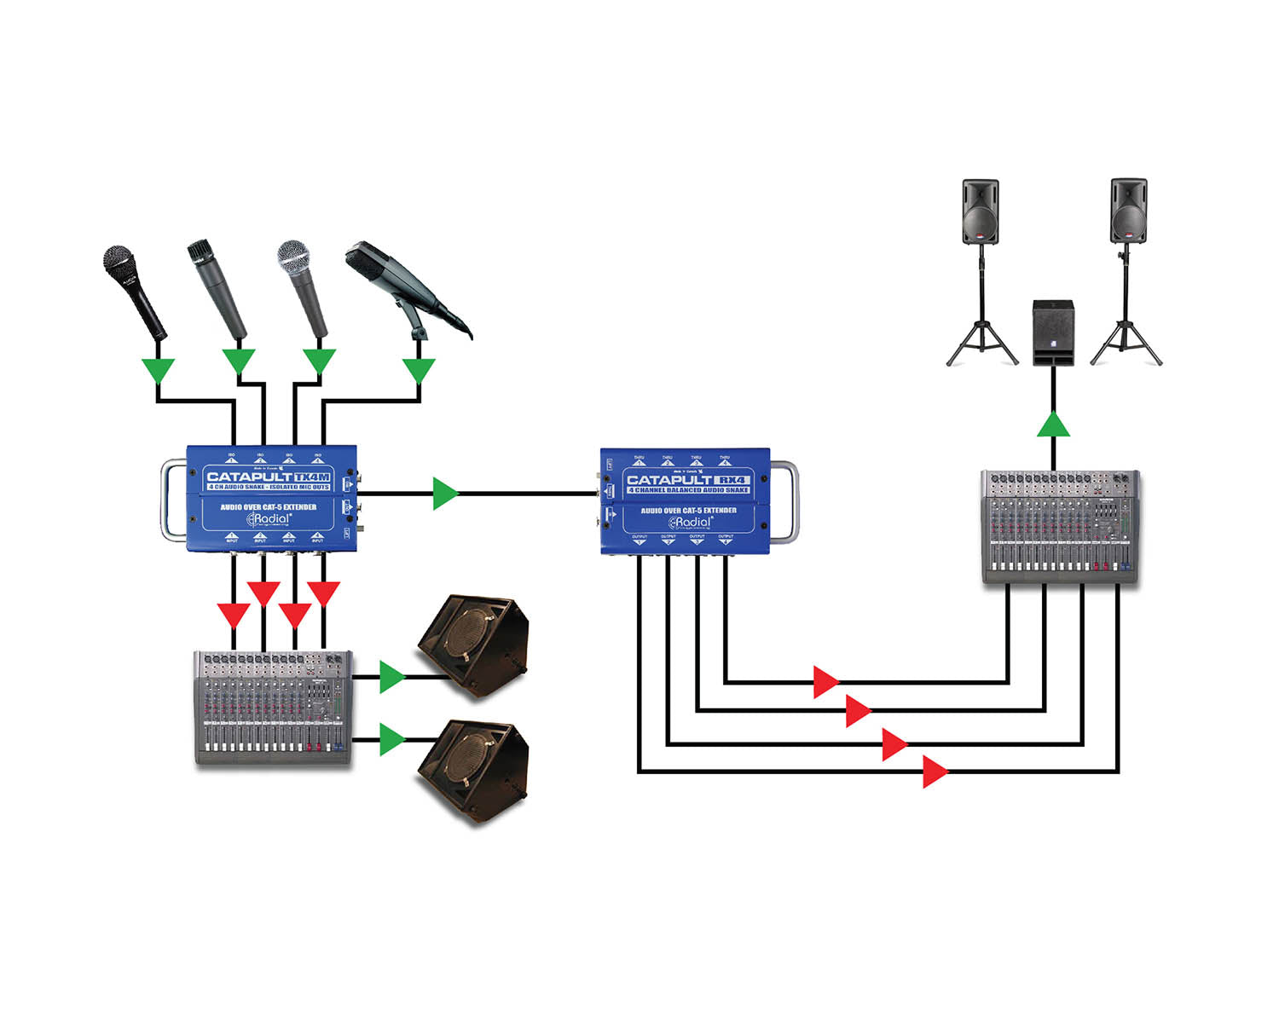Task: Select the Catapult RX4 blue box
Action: coord(686,501)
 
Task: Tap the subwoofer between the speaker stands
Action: coord(1053,332)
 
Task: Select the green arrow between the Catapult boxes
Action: coord(445,494)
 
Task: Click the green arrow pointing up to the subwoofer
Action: coord(1054,425)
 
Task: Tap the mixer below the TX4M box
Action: coord(273,708)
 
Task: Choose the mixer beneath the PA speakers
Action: coord(1060,526)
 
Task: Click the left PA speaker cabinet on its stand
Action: coord(981,211)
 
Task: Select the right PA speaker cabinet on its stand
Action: coord(1128,211)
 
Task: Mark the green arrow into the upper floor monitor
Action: coord(391,677)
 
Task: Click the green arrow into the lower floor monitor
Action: coord(391,739)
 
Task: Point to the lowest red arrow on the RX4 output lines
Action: coord(935,772)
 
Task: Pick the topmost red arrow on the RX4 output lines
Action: coord(825,682)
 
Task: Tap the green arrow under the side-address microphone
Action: coord(419,371)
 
